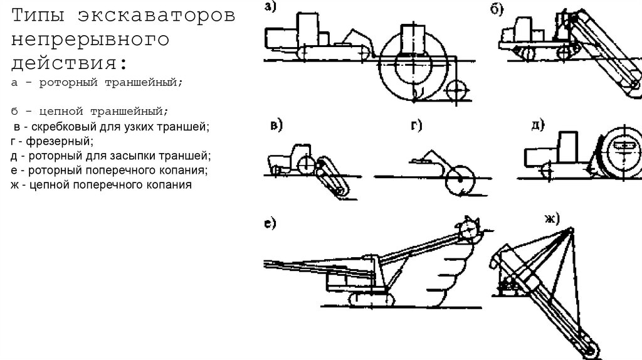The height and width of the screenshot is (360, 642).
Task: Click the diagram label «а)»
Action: tap(270, 8)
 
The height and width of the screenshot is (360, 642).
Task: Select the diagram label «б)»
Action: tap(498, 8)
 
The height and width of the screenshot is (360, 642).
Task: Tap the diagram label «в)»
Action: tap(276, 125)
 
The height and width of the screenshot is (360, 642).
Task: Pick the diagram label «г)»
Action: tap(416, 126)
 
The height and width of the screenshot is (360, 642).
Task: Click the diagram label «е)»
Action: tap(271, 224)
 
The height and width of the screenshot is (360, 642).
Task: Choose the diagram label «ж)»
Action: tap(552, 218)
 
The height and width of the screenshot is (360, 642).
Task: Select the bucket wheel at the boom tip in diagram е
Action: tap(470, 229)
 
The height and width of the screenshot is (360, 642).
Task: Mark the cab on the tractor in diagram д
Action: tap(569, 146)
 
